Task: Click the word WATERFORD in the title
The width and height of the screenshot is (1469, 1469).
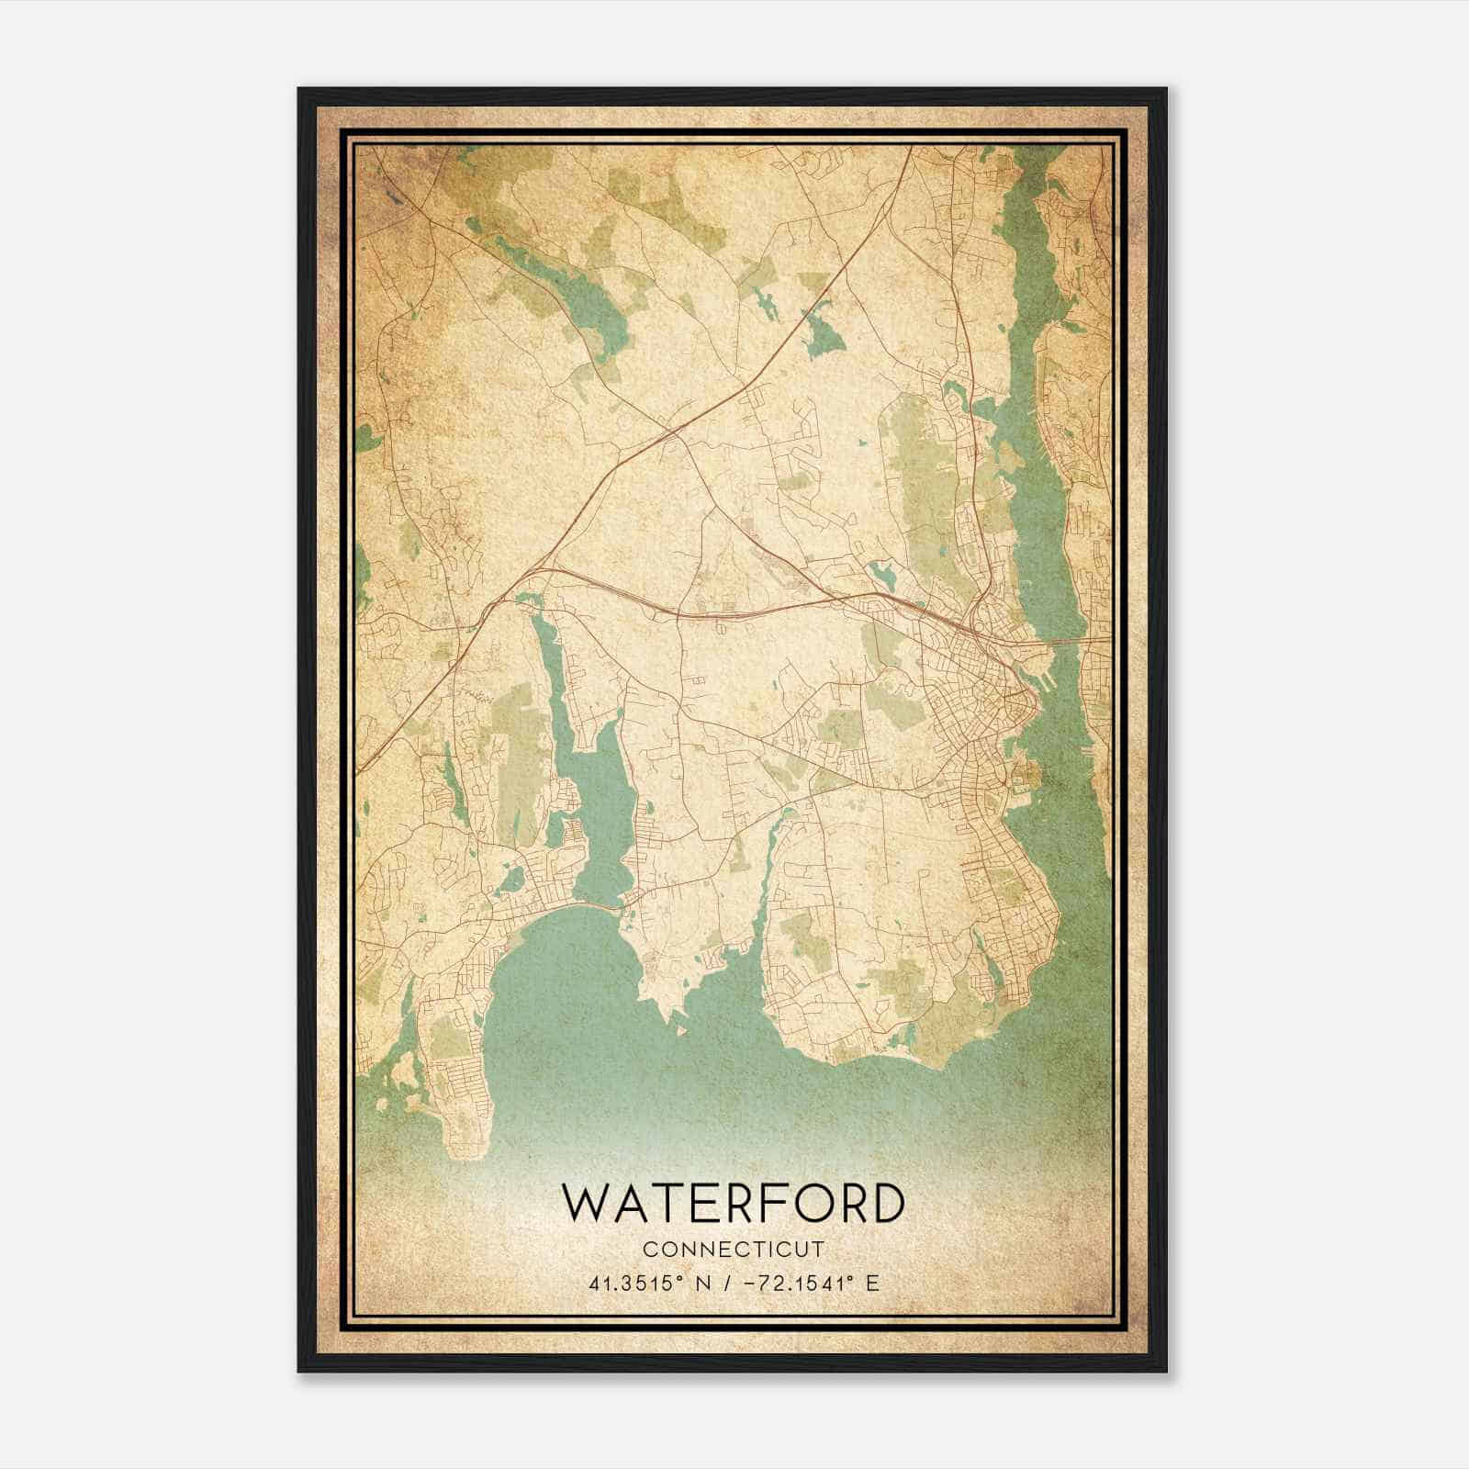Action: [733, 1203]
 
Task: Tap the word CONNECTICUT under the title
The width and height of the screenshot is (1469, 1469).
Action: [733, 1250]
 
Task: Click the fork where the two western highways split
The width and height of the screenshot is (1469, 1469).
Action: [528, 573]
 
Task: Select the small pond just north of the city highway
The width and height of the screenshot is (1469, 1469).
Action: [883, 577]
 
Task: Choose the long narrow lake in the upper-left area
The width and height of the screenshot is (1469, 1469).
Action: [551, 275]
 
